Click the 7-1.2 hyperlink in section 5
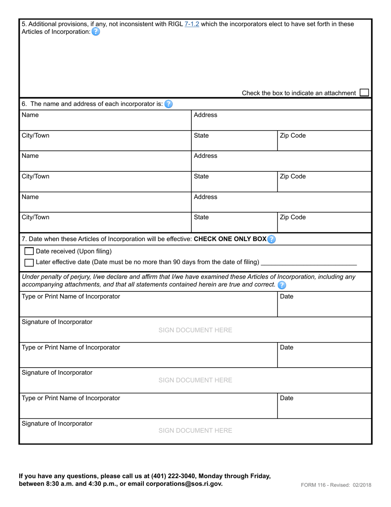[x=192, y=24]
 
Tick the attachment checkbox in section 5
[x=364, y=93]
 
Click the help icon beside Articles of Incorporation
[x=95, y=32]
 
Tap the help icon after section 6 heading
[x=168, y=104]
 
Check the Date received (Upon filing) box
[x=29, y=251]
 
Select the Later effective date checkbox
[x=29, y=263]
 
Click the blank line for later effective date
[x=309, y=263]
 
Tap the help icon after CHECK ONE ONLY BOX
[x=271, y=239]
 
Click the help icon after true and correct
[x=282, y=285]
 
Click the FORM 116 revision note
[x=336, y=485]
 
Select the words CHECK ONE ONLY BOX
[x=230, y=239]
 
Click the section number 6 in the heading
[x=24, y=104]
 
